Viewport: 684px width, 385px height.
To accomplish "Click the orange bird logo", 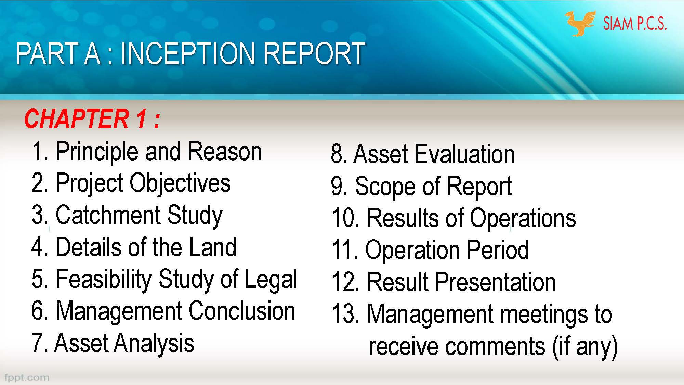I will [x=579, y=23].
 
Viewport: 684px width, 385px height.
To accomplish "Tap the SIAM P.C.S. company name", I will [x=635, y=24].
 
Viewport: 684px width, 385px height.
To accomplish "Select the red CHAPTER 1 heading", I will [x=92, y=119].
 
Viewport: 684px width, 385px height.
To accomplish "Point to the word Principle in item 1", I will [x=97, y=152].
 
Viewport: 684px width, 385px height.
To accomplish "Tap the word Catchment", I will [x=108, y=215].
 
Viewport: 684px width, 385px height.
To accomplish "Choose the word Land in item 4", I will [x=213, y=247].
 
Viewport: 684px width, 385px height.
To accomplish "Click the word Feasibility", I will [x=103, y=279].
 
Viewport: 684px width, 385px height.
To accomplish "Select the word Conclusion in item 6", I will [x=242, y=311].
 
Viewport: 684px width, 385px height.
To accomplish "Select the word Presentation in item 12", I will [x=496, y=282].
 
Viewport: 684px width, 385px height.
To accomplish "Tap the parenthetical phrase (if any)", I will [x=585, y=346].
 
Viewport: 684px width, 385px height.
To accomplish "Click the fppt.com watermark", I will [x=27, y=377].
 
